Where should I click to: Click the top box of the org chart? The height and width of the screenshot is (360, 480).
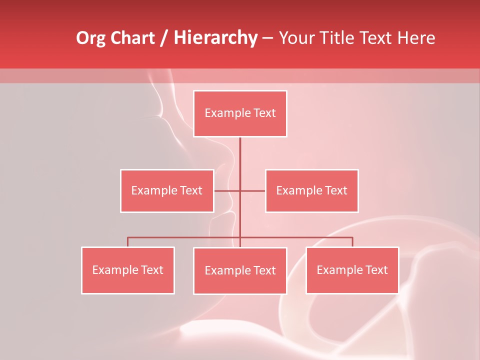240,113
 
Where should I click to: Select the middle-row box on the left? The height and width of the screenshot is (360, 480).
167,190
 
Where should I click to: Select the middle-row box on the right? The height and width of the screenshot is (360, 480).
311,190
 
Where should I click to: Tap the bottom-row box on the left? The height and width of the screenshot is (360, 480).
128,270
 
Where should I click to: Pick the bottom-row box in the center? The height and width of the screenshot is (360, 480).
240,270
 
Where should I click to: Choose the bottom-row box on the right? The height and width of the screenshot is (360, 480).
352,270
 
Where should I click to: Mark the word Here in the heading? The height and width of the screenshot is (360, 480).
416,38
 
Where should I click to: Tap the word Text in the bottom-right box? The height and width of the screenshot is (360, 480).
376,270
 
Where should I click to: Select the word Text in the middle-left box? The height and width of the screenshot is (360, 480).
191,190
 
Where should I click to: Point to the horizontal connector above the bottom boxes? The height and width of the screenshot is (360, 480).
185,237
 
